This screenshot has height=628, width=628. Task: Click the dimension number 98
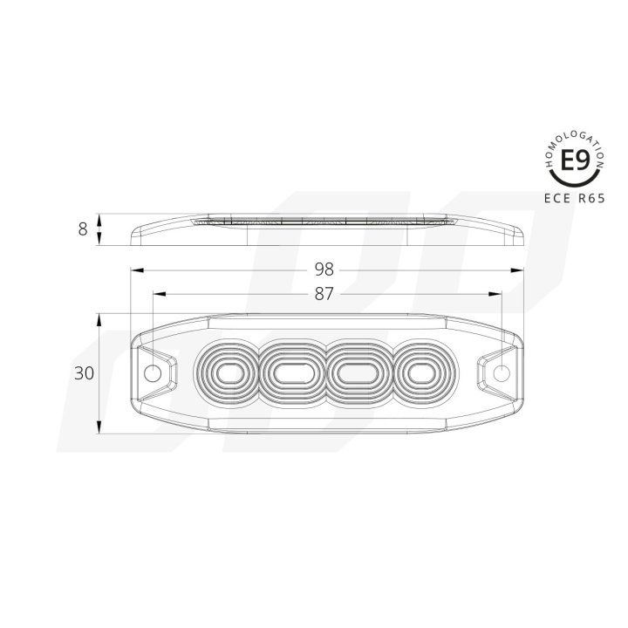click(324, 268)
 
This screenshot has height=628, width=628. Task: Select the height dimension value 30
click(84, 373)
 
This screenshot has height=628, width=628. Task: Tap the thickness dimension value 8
click(83, 229)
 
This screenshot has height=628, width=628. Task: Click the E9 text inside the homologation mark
click(573, 161)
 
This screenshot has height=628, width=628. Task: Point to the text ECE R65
click(572, 198)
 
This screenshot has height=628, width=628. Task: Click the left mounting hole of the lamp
click(153, 374)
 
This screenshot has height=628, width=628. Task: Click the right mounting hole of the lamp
click(501, 374)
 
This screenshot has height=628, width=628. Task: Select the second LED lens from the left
click(290, 374)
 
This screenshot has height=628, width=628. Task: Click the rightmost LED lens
click(417, 374)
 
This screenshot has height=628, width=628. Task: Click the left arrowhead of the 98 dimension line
click(135, 270)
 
